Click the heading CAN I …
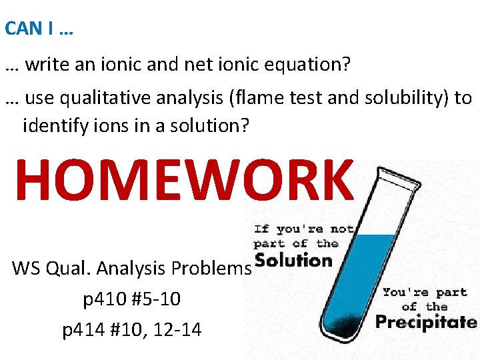pyautogui.click(x=38, y=29)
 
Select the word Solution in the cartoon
pyautogui.click(x=293, y=261)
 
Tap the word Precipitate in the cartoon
pyautogui.click(x=425, y=323)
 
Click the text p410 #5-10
pyautogui.click(x=131, y=299)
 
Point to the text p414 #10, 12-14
pyautogui.click(x=131, y=329)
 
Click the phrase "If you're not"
pyautogui.click(x=303, y=229)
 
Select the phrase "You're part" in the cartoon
pyautogui.click(x=425, y=293)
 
